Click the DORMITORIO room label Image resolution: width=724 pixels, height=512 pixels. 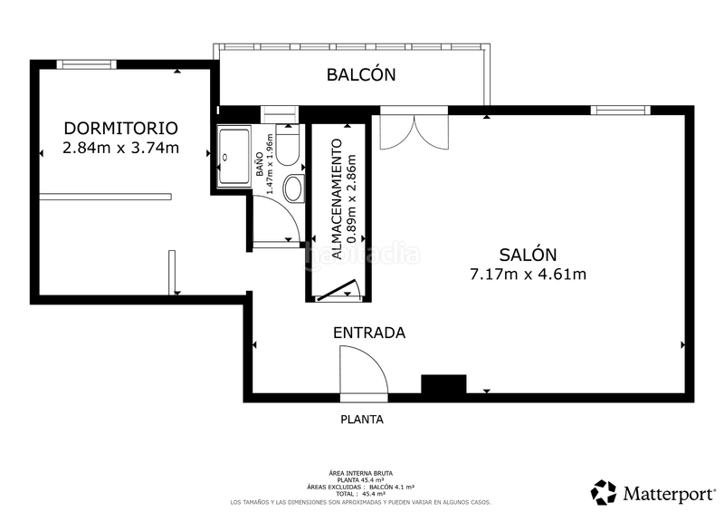(119, 128)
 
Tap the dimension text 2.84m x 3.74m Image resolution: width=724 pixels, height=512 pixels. (119, 148)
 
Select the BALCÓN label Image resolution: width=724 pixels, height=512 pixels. (361, 74)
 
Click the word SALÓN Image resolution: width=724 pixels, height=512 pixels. (528, 255)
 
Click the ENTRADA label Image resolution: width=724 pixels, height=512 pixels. (369, 333)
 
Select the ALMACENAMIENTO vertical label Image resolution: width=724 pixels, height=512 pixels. (337, 199)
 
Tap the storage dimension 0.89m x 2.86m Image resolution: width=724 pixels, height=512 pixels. (353, 199)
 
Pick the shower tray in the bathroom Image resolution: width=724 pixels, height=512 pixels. (235, 157)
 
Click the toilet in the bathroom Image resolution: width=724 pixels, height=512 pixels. (289, 148)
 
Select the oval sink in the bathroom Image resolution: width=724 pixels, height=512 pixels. (294, 188)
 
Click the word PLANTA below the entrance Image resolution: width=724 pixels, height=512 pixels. (362, 420)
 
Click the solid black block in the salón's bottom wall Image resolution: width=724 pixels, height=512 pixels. (443, 385)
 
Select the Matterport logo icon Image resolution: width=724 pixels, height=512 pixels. (604, 492)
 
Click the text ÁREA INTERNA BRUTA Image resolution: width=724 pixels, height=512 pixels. (361, 473)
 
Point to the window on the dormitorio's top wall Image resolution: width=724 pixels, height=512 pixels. (86, 64)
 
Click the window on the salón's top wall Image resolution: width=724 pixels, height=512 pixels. (620, 111)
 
